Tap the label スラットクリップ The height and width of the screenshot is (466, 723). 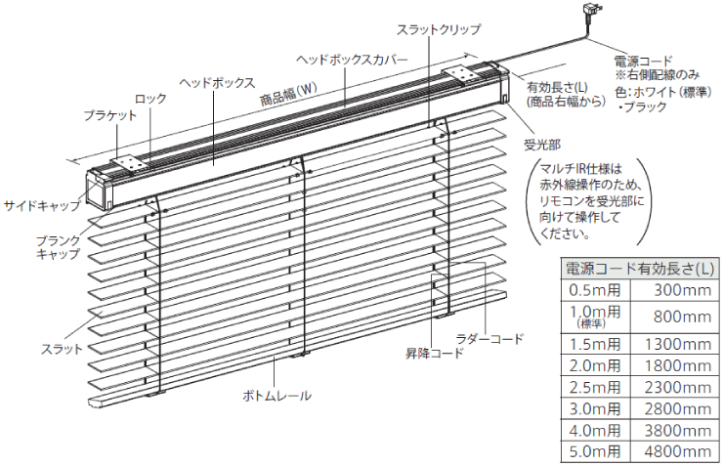(439, 29)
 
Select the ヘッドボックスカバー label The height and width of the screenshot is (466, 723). (352, 60)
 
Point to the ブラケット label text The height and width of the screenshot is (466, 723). (110, 115)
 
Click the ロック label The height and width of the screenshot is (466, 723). (150, 99)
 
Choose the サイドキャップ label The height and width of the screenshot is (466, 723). (42, 205)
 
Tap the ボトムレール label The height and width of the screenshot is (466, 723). (277, 396)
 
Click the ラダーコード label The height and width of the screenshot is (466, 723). (489, 339)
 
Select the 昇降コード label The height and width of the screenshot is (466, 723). (435, 353)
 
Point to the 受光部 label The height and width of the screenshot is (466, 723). (542, 146)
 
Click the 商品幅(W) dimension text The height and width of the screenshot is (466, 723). (288, 95)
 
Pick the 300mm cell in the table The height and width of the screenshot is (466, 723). (682, 290)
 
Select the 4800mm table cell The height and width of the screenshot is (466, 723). (678, 451)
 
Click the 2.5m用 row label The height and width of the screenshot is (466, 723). (595, 387)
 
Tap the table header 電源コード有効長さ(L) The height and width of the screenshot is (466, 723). (640, 269)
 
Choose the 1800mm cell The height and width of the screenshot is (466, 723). (678, 365)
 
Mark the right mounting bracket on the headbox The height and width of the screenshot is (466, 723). (458, 74)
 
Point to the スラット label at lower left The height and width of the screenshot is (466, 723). (62, 349)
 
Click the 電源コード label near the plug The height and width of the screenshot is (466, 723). (643, 61)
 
